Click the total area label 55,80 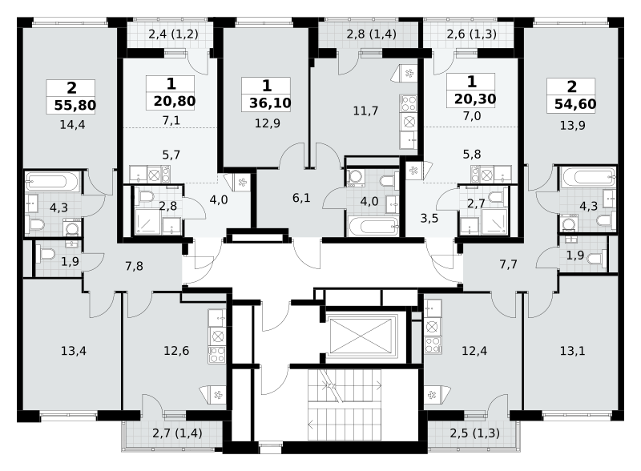point(75,105)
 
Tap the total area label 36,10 point(270,103)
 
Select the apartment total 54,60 point(575,104)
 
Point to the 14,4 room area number point(72,124)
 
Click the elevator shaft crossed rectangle point(361,336)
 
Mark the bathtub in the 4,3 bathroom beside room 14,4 point(52,182)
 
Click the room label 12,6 point(176,350)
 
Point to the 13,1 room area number point(572,350)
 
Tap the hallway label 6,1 point(301,198)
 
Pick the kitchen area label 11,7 point(365,111)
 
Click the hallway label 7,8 point(134,266)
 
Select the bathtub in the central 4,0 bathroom point(373,227)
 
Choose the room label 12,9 point(268,123)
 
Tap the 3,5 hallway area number point(429,218)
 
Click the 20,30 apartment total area point(475,99)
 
